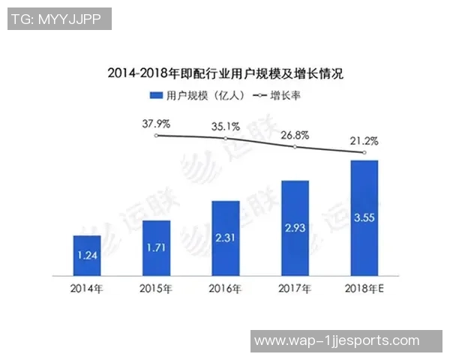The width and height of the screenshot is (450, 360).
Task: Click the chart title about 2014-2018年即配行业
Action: point(225,74)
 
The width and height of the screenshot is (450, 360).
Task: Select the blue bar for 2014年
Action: point(87,256)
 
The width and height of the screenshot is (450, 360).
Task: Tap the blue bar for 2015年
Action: point(156,248)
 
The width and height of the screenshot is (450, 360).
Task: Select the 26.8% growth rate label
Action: point(294,136)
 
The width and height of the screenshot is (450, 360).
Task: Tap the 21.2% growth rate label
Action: point(363,141)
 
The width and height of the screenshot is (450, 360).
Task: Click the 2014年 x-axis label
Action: point(87,288)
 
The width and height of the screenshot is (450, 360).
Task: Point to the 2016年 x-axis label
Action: point(225,288)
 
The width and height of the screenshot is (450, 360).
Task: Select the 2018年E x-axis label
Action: point(363,288)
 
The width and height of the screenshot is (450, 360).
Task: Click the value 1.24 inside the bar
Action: point(87,256)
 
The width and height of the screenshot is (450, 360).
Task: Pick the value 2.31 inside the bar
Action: point(225,238)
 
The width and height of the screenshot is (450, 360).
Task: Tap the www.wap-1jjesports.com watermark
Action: point(347,341)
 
